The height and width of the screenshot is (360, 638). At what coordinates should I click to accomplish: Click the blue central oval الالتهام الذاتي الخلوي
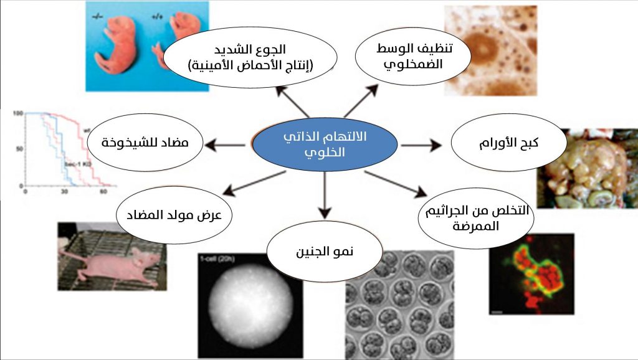325,144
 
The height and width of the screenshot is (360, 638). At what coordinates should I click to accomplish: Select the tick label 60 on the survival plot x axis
103,192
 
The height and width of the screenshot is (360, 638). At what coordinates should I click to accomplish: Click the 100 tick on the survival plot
17,114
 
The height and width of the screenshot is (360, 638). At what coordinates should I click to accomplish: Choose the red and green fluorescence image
530,274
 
